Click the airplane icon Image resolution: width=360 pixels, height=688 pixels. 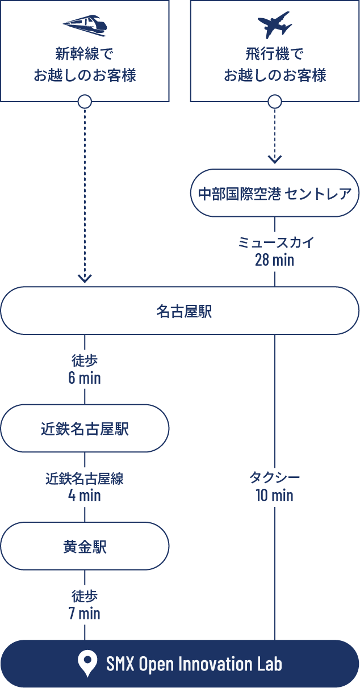[x=275, y=25]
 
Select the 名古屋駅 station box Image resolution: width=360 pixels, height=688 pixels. [x=180, y=311]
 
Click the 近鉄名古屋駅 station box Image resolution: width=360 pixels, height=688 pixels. [x=85, y=429]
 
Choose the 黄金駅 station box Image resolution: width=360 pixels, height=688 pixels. [x=85, y=546]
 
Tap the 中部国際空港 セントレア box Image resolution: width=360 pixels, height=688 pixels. [x=275, y=193]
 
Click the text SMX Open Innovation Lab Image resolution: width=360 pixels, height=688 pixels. [x=194, y=664]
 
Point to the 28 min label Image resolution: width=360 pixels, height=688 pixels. [x=275, y=260]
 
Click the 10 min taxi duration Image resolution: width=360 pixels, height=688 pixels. [x=275, y=496]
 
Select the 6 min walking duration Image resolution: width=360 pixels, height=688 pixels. [x=85, y=377]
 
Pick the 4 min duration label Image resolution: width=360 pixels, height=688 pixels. [x=85, y=496]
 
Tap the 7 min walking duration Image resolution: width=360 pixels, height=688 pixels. [x=85, y=613]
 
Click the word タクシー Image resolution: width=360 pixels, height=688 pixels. [x=275, y=479]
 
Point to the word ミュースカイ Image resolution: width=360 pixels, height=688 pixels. [x=275, y=243]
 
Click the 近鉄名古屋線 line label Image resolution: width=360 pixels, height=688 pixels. [x=85, y=479]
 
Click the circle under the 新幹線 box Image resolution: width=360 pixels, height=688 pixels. [x=85, y=102]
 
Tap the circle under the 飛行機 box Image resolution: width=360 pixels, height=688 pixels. [x=275, y=102]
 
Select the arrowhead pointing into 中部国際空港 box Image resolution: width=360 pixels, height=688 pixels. [x=275, y=160]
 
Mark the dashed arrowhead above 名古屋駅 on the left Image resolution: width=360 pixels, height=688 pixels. [x=85, y=278]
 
